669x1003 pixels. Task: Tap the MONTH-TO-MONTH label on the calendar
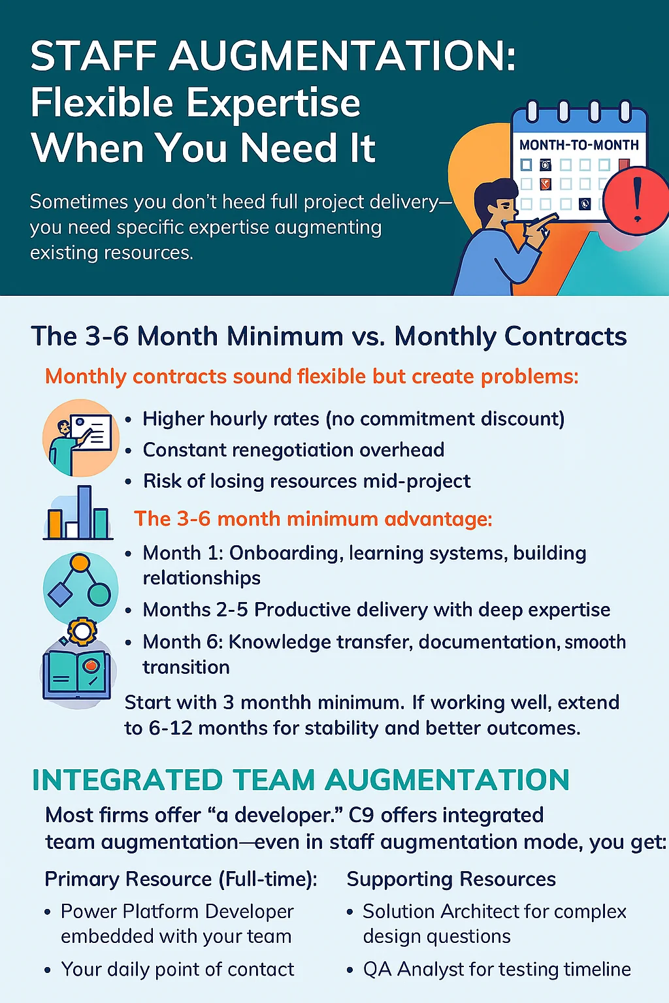tap(579, 145)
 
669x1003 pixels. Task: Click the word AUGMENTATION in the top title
tap(342, 56)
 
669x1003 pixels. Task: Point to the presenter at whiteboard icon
tap(80, 437)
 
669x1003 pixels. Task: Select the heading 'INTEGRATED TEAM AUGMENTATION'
tap(301, 780)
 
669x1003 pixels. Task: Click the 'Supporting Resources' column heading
tap(451, 880)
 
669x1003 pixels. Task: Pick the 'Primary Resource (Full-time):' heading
tap(181, 880)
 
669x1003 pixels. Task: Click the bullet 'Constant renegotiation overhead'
tap(293, 450)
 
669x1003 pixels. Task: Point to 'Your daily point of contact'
tap(178, 970)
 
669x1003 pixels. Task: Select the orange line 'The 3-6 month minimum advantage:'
tap(313, 519)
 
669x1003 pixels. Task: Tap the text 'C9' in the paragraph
tap(361, 816)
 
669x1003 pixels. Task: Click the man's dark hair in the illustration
tap(491, 193)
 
